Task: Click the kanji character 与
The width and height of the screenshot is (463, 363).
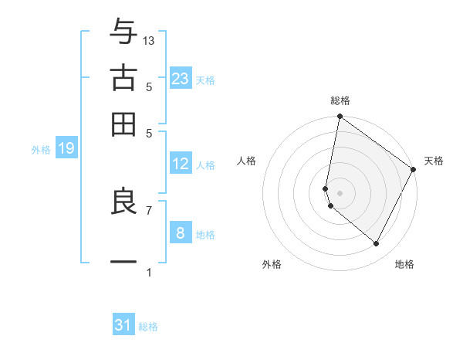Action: (123, 33)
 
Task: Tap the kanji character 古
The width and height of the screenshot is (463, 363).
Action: (123, 79)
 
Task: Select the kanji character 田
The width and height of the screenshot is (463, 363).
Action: (123, 124)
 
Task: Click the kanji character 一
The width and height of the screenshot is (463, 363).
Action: (123, 263)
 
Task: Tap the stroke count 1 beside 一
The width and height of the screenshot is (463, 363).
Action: (149, 273)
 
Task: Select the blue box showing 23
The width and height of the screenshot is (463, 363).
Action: (181, 79)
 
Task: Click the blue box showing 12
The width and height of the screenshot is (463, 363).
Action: (181, 164)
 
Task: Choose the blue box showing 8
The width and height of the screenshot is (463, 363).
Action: (181, 232)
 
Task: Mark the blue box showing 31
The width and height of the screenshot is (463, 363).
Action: (123, 325)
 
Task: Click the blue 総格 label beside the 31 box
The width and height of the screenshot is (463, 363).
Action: (148, 327)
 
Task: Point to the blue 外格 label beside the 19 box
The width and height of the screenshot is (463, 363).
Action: (40, 150)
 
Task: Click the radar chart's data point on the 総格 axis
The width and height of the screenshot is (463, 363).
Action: (340, 117)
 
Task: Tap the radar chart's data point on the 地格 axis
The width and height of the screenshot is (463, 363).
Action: (376, 244)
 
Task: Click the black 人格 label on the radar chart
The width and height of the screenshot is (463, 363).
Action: (247, 161)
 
